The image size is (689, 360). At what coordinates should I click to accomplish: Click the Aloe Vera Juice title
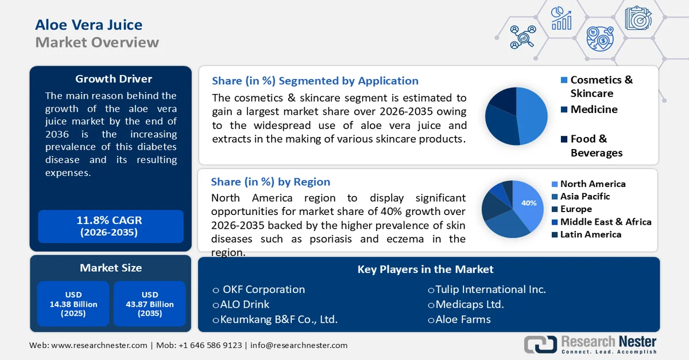pyautogui.click(x=88, y=25)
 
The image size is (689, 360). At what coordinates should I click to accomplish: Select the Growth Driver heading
pyautogui.click(x=114, y=79)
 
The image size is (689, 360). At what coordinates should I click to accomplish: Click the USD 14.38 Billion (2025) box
pyautogui.click(x=73, y=304)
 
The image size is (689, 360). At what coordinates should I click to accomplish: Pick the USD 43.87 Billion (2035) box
pyautogui.click(x=149, y=304)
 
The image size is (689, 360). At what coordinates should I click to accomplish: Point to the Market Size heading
pyautogui.click(x=111, y=268)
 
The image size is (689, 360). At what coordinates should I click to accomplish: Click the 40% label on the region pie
pyautogui.click(x=528, y=203)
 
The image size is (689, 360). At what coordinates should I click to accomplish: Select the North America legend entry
pyautogui.click(x=593, y=184)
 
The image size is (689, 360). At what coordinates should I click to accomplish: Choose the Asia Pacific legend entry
pyautogui.click(x=585, y=197)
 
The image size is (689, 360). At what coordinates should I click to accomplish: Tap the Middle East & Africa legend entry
pyautogui.click(x=605, y=222)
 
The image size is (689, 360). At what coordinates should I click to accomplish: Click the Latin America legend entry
pyautogui.click(x=590, y=234)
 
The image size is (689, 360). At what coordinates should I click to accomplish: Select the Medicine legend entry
pyautogui.click(x=594, y=109)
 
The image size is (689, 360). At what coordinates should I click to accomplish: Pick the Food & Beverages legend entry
pyautogui.click(x=596, y=146)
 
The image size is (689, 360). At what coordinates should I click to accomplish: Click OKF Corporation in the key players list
pyautogui.click(x=264, y=289)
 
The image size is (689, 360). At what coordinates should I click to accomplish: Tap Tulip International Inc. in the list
pyautogui.click(x=490, y=289)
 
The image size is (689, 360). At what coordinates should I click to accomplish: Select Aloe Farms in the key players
pyautogui.click(x=463, y=319)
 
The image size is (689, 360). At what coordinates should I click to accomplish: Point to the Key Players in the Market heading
pyautogui.click(x=425, y=269)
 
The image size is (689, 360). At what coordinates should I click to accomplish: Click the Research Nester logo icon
pyautogui.click(x=540, y=344)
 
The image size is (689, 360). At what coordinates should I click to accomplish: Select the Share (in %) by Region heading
pyautogui.click(x=270, y=182)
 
